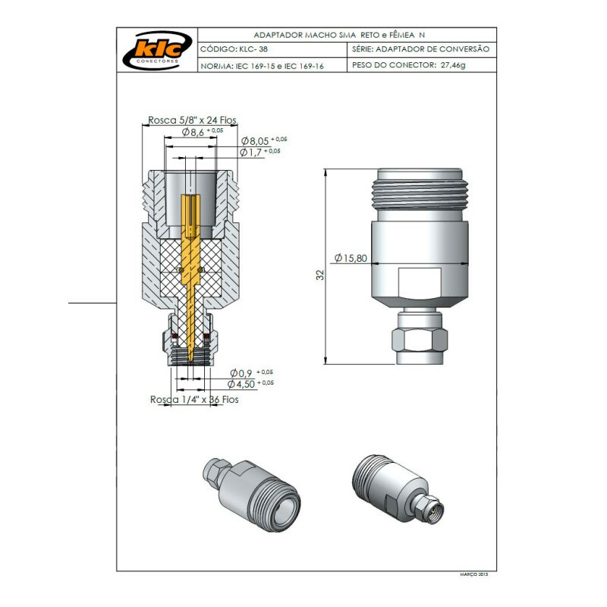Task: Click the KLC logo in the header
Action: point(156,49)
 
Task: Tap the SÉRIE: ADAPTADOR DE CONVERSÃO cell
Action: point(421,49)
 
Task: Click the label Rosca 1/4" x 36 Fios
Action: point(193,399)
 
